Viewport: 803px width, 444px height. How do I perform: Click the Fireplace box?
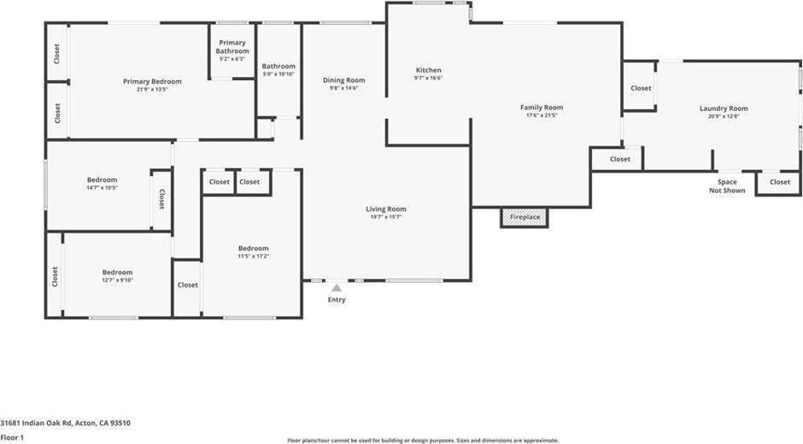525,218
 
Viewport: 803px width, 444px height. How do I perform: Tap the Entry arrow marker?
337,289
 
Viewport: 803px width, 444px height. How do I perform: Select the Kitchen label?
428,70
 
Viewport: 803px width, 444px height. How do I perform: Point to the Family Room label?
542,108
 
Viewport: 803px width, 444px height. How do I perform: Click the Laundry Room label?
724,108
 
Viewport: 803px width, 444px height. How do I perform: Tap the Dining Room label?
343,80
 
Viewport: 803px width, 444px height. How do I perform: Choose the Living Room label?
385,209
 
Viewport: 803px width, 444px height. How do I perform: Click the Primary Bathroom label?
232,47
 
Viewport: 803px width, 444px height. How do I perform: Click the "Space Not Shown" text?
727,186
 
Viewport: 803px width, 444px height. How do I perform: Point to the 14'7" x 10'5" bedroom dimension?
102,188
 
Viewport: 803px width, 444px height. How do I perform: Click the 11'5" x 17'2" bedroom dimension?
253,256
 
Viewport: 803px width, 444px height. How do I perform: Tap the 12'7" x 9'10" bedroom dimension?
117,280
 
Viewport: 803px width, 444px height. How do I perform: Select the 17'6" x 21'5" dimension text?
542,115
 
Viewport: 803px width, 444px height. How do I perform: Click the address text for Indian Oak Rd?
65,423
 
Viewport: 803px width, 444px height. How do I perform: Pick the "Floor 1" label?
12,437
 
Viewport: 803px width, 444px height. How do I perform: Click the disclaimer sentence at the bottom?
423,441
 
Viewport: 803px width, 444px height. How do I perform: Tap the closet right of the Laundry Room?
779,182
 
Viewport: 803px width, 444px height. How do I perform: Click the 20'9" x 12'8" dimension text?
724,116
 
